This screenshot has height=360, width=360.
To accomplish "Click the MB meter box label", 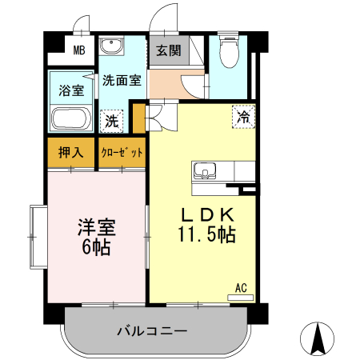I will pyautogui.click(x=79, y=51).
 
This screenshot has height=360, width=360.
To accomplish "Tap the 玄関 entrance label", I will pyautogui.click(x=168, y=50).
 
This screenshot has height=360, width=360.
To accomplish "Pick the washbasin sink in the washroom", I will pyautogui.click(x=111, y=46).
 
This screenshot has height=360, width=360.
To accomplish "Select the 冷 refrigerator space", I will pyautogui.click(x=242, y=116).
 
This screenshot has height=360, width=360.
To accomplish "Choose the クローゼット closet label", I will pyautogui.click(x=122, y=152).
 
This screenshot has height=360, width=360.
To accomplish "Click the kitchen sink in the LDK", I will pyautogui.click(x=204, y=170).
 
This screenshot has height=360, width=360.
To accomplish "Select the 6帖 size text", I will pyautogui.click(x=96, y=247).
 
